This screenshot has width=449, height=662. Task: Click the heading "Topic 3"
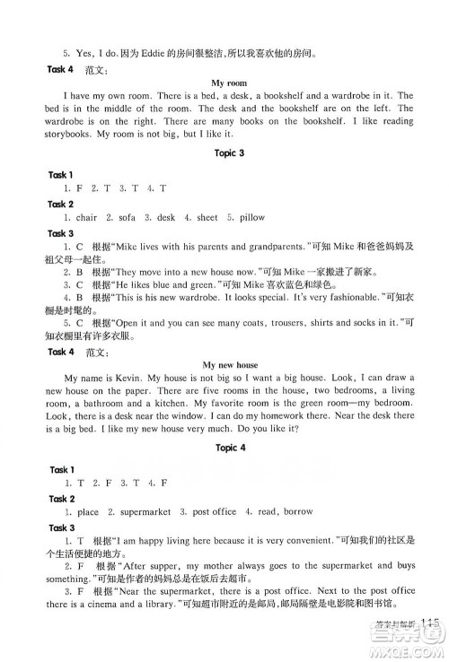pyautogui.click(x=224, y=153)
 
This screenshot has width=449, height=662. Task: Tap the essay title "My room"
pyautogui.click(x=224, y=83)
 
